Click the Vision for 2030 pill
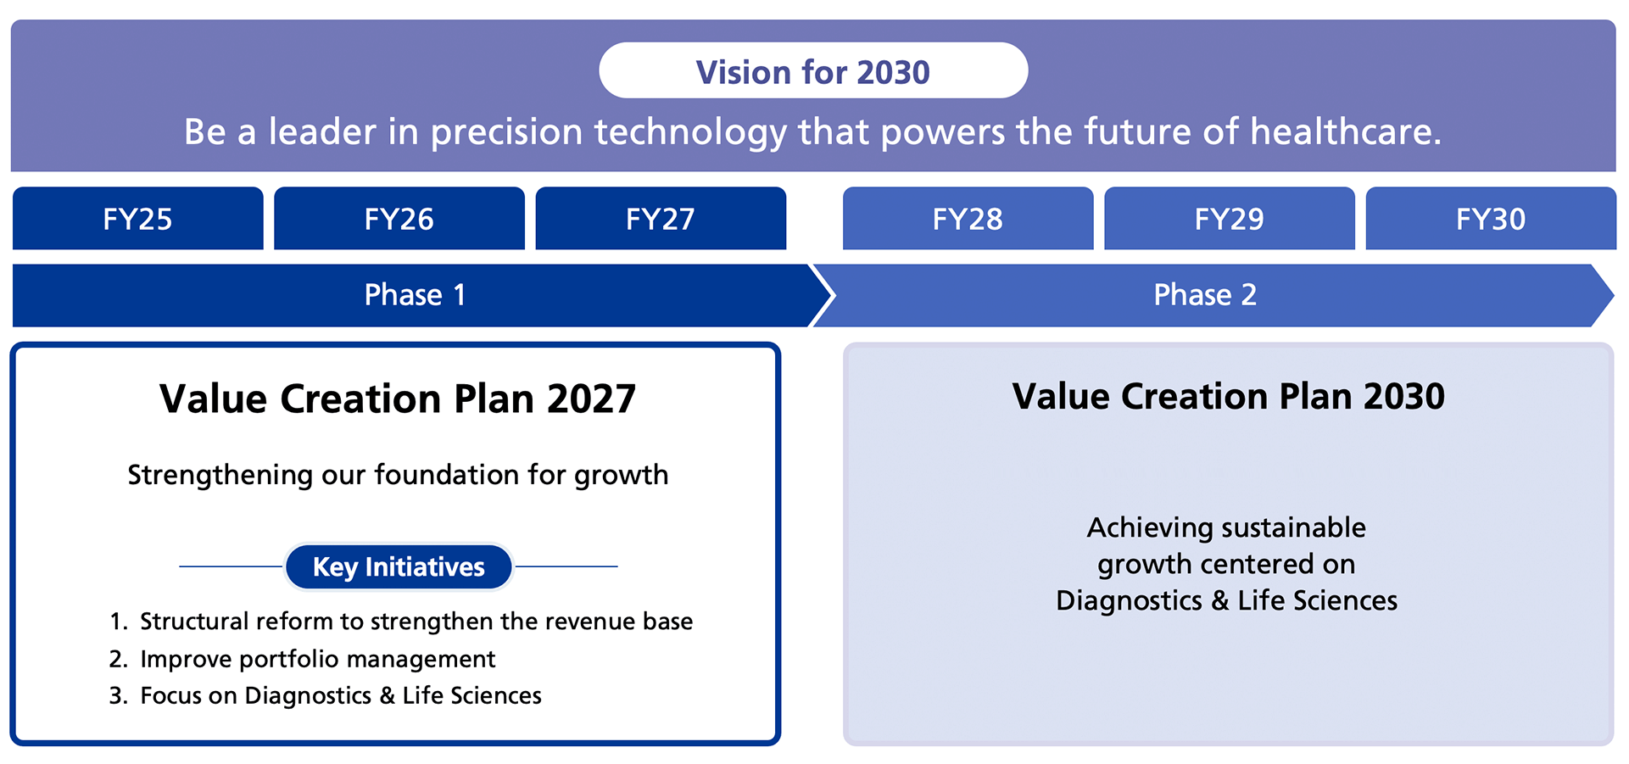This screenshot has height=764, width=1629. (813, 71)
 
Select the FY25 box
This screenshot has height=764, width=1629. (137, 219)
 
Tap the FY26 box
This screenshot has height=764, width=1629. (399, 219)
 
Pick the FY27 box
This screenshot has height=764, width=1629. (661, 219)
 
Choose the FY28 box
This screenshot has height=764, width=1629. (968, 219)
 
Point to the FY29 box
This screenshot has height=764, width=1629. (1229, 219)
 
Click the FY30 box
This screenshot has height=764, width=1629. (1490, 219)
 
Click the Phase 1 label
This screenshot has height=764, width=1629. (415, 295)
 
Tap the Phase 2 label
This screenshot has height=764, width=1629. (1205, 295)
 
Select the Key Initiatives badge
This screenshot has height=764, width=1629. (399, 566)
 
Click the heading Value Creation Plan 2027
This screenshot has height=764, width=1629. (398, 399)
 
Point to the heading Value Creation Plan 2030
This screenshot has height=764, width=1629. (1228, 396)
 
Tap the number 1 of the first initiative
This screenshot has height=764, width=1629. (116, 622)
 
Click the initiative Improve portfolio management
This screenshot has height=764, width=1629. (317, 659)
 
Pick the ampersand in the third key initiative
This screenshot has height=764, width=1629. (387, 695)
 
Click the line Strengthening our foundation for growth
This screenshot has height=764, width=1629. (398, 475)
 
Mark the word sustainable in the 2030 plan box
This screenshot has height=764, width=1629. (1293, 527)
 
